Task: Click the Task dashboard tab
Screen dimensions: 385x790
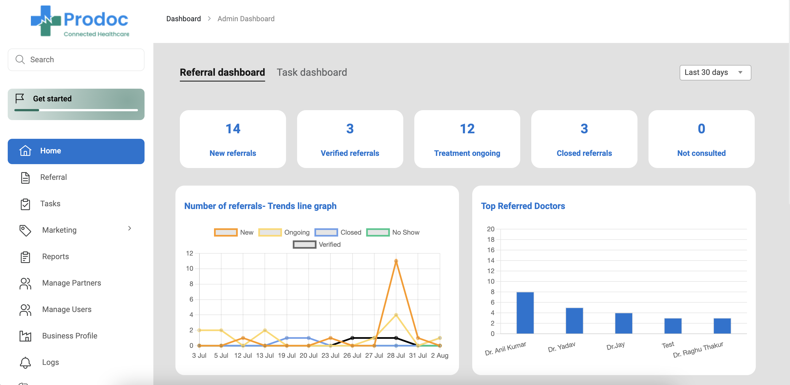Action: tap(312, 72)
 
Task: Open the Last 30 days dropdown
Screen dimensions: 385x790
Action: tap(715, 73)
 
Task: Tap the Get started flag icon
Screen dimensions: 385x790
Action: tap(20, 99)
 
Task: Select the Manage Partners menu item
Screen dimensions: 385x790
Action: tap(71, 283)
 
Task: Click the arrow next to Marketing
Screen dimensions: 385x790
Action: tap(129, 229)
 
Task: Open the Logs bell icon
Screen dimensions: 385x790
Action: tap(25, 362)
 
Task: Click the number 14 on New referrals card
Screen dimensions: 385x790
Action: tap(233, 129)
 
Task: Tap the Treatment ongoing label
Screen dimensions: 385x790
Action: tap(467, 153)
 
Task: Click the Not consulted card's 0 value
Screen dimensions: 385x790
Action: tap(701, 129)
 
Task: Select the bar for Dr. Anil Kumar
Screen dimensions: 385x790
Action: tap(525, 313)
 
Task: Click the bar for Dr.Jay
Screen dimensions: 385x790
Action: tap(623, 323)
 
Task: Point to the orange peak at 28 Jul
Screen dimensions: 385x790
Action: tap(396, 261)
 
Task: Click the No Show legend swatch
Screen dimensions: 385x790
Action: tap(378, 232)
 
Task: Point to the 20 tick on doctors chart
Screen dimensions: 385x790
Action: tap(490, 229)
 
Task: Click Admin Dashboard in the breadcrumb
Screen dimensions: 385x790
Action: tap(246, 19)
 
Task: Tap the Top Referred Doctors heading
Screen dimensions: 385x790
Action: tap(523, 206)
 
